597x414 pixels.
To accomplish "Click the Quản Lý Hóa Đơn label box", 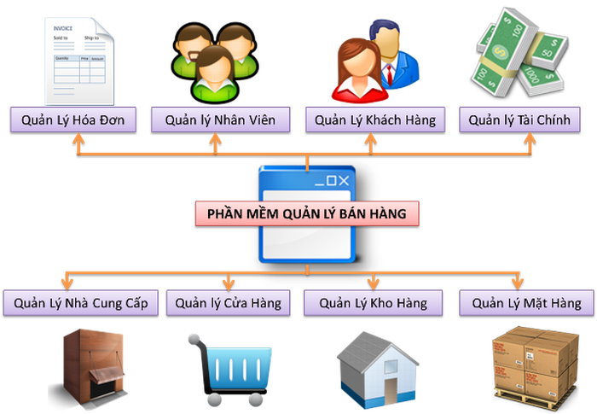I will [73, 120].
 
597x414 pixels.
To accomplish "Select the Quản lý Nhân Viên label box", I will [221, 120].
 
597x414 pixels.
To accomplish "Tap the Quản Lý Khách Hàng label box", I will [375, 120].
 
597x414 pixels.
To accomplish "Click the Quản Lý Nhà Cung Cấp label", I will [80, 302].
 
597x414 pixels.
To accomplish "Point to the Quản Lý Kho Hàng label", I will [372, 302].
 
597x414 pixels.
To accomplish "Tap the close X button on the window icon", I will [343, 180].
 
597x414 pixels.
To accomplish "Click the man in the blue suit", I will [393, 55].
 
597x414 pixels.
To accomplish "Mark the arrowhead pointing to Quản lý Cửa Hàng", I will [229, 283].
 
